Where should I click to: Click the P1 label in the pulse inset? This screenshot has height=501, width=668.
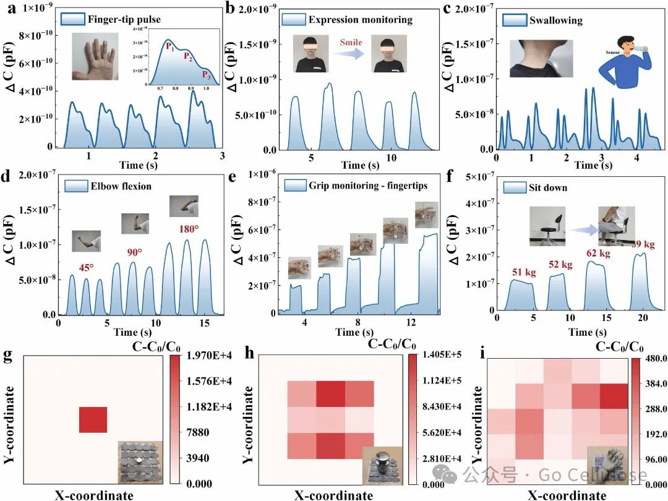click(169, 46)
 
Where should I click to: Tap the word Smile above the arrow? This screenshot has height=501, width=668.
click(351, 43)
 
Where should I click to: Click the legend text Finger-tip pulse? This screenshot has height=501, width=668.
click(116, 19)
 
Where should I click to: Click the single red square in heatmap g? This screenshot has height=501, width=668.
click(93, 420)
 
